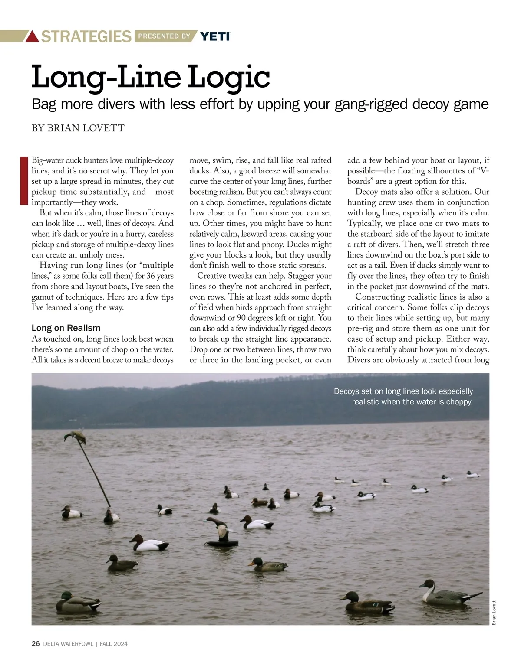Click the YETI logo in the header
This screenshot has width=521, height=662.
point(215,36)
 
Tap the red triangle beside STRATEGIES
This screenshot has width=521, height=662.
point(33,36)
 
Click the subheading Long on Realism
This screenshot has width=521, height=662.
point(66,328)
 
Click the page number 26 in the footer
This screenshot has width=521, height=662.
point(36,644)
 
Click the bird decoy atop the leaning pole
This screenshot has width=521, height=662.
point(75,437)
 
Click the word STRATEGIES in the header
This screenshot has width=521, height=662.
point(86,36)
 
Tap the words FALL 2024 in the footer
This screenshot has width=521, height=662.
point(114,644)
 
